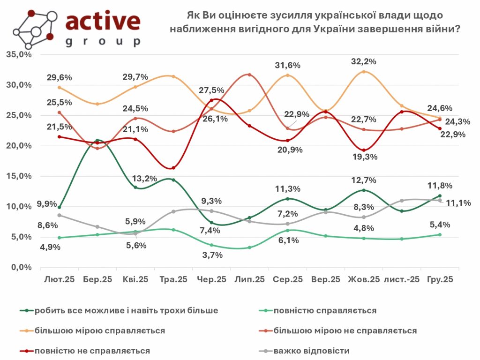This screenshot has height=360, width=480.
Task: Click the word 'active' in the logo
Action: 102,22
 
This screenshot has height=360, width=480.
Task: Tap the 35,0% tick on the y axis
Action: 18,54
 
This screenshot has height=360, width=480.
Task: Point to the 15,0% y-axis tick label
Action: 18,176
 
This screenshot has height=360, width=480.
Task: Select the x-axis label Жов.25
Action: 364,279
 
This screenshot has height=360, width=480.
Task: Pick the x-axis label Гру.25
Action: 440,279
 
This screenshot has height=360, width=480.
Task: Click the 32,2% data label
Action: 364,61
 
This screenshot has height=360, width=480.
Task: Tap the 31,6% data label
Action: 288,65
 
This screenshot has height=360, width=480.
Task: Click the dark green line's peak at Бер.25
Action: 97,140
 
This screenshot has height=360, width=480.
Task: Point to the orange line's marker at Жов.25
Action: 364,72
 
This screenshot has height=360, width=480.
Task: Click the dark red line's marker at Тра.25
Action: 173,168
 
